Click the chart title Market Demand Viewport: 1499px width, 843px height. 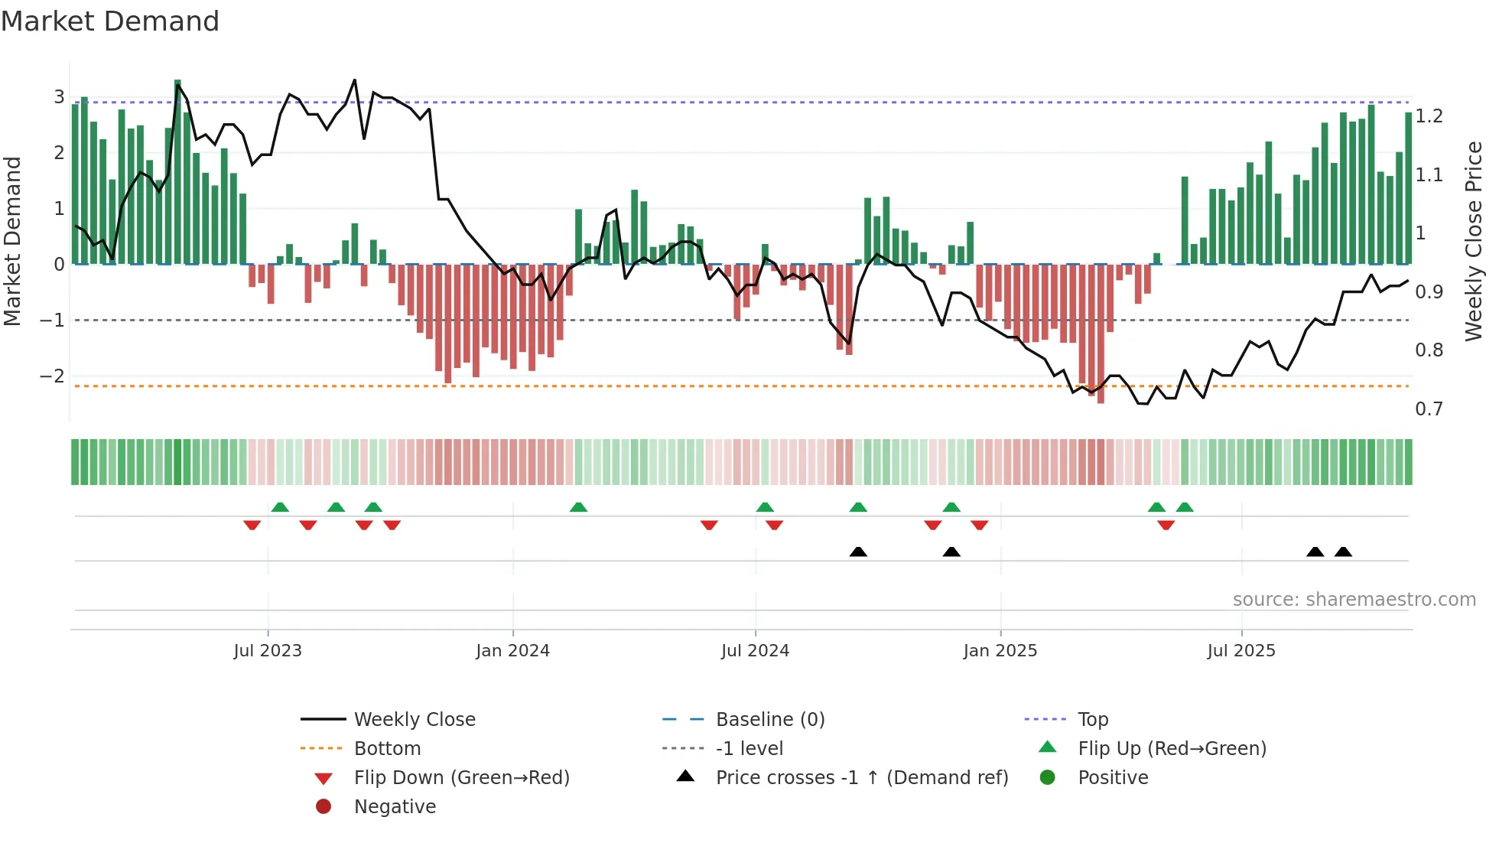[x=110, y=21]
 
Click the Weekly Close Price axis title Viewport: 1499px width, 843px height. [x=1473, y=241]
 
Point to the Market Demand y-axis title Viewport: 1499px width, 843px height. [x=13, y=241]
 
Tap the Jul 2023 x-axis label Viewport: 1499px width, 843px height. [x=268, y=651]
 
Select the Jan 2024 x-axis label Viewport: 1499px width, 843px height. [x=512, y=651]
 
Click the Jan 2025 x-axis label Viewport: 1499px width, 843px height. [x=1000, y=651]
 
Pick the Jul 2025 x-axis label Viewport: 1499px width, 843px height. [x=1241, y=651]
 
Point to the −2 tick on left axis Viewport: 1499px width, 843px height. [x=52, y=376]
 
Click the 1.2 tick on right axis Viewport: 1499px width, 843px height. [x=1429, y=116]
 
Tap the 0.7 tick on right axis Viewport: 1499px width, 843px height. [x=1429, y=409]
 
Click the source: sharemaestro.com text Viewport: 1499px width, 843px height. [x=1354, y=600]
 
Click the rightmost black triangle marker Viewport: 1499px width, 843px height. [x=1343, y=552]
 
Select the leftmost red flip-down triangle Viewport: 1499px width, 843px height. [x=252, y=525]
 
